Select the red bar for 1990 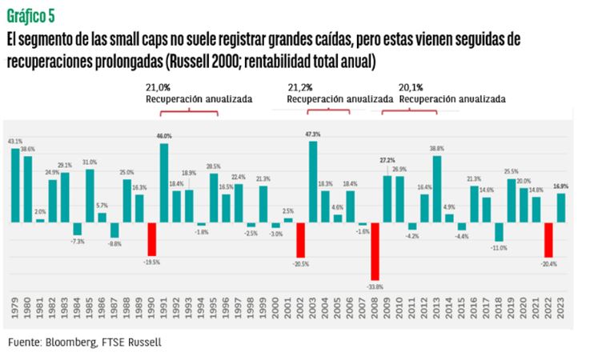pyautogui.click(x=152, y=238)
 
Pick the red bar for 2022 pyautogui.click(x=549, y=238)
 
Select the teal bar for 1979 pyautogui.click(x=15, y=185)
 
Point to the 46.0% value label pyautogui.click(x=164, y=137)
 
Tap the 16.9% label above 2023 pyautogui.click(x=561, y=186)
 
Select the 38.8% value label pyautogui.click(x=437, y=149)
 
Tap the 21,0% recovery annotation pyautogui.click(x=159, y=86)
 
